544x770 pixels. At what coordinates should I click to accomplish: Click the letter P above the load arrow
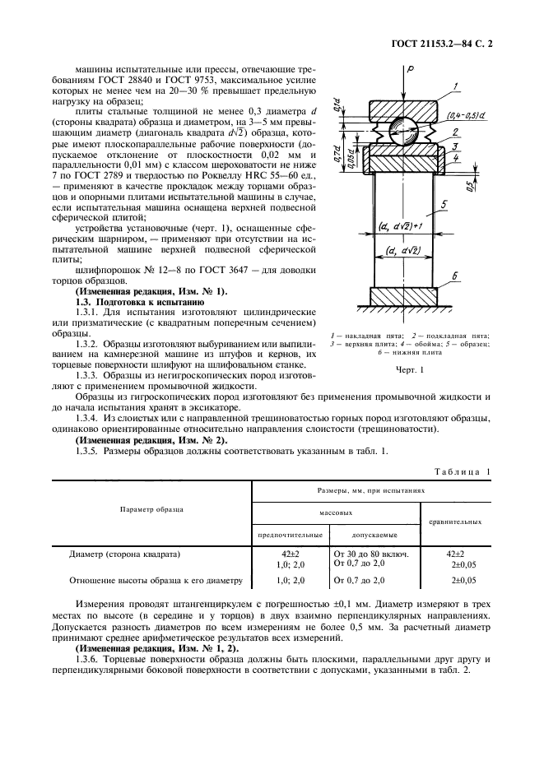coord(409,72)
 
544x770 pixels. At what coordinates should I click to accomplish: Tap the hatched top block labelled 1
coord(402,108)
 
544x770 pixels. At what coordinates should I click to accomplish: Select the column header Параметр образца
coord(151,509)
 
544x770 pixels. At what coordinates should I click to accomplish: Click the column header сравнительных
coord(455,522)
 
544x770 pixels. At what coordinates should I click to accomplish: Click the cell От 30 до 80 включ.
coord(369,554)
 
